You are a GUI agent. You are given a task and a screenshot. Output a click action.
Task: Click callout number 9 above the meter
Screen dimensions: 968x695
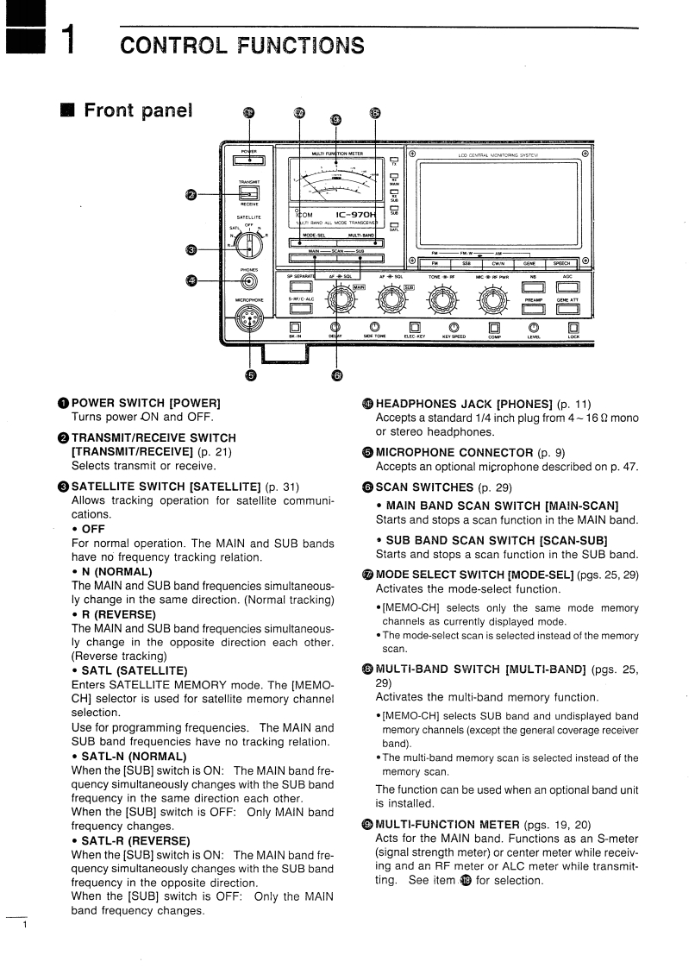[335, 118]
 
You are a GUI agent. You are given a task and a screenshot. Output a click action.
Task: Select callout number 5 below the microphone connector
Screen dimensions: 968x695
[250, 374]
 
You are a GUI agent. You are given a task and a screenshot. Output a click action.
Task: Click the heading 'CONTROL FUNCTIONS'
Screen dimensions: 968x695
[242, 45]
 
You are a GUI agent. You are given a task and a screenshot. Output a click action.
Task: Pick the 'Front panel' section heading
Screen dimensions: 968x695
[138, 110]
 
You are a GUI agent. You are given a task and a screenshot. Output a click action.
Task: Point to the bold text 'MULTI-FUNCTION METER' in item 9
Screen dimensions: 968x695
[448, 825]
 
